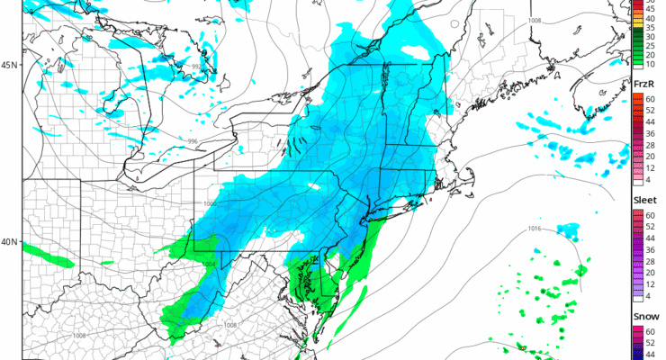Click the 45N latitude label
pyautogui.click(x=9, y=66)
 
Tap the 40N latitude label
pyautogui.click(x=9, y=241)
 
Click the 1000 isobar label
pyautogui.click(x=211, y=205)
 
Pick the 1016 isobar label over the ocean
pyautogui.click(x=534, y=229)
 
